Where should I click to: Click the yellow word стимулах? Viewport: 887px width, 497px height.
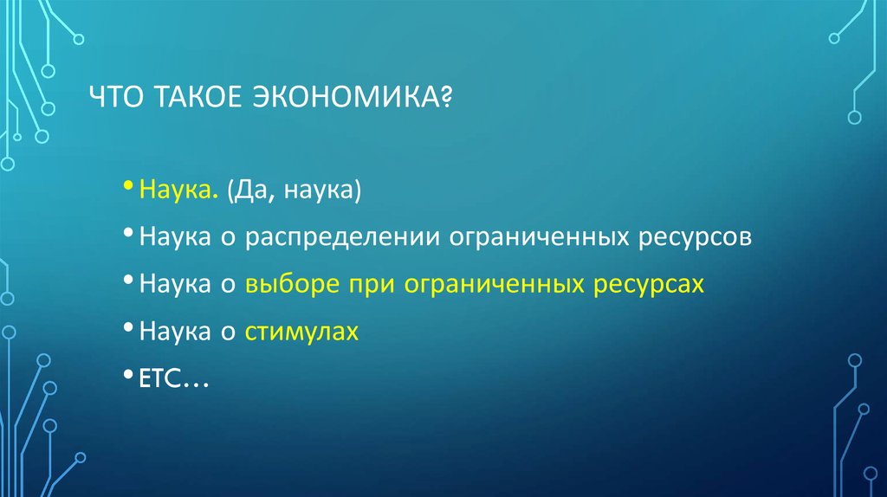[x=301, y=332]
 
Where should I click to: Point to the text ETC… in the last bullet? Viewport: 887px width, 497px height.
[x=169, y=379]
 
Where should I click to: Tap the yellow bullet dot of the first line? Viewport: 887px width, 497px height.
[x=128, y=187]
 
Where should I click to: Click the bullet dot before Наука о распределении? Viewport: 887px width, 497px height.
[x=128, y=235]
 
